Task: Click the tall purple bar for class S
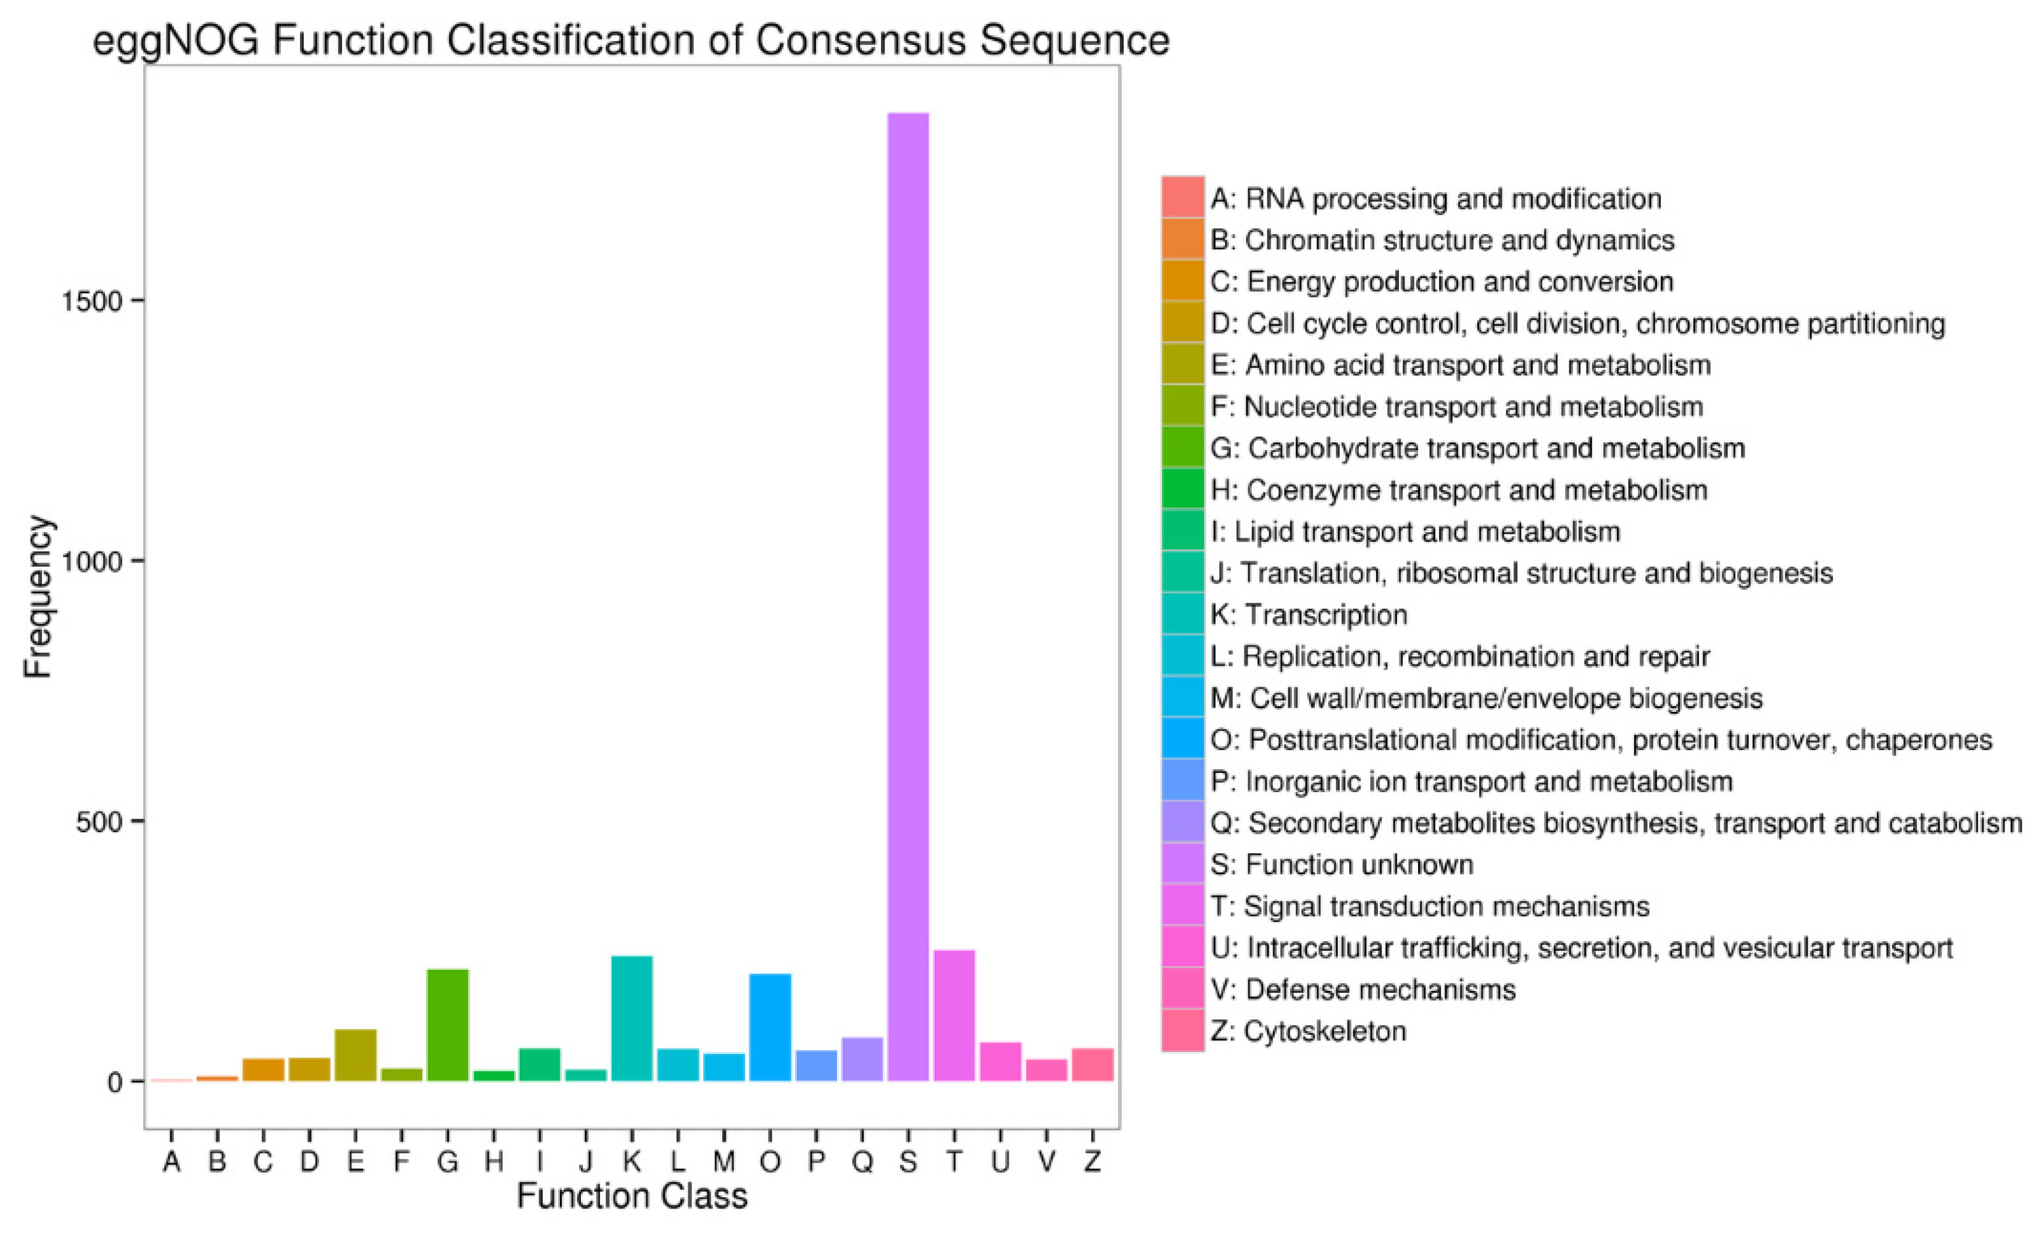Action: (x=908, y=596)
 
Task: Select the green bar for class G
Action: (x=448, y=1025)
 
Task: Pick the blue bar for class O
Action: (x=769, y=1027)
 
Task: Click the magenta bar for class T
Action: (x=954, y=1015)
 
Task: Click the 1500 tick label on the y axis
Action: (x=91, y=302)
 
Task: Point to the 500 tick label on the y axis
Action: (x=99, y=822)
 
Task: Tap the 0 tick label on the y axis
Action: (x=115, y=1082)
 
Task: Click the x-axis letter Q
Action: (x=862, y=1162)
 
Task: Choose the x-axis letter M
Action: (x=724, y=1162)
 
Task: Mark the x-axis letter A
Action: (x=172, y=1162)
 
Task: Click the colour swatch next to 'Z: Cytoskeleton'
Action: (x=1182, y=1031)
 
